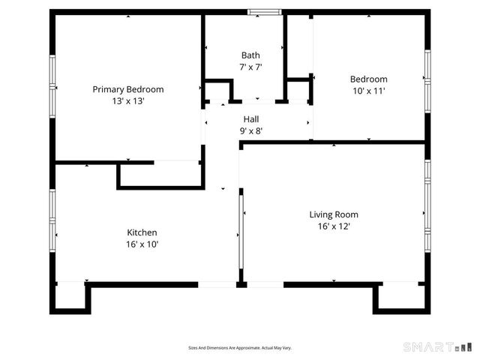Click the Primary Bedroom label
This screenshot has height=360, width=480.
[127, 89]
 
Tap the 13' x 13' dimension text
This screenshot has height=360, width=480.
[127, 100]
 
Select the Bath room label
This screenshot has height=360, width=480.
[250, 55]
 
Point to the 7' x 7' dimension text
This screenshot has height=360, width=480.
[250, 67]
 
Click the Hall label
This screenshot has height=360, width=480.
[250, 119]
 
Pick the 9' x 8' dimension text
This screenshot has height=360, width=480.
[250, 130]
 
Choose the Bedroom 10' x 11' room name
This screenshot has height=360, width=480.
[368, 79]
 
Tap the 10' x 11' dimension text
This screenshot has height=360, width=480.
[368, 91]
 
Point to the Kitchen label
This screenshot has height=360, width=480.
[142, 232]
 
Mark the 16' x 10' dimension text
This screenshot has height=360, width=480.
[142, 244]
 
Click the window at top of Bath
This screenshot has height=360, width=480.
[265, 12]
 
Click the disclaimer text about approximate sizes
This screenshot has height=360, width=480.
[239, 348]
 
